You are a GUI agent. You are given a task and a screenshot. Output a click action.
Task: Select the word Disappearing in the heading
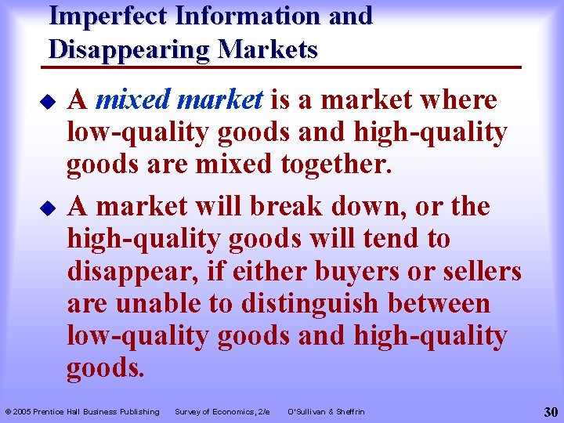[x=128, y=49]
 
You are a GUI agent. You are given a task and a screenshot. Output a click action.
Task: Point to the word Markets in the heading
[x=268, y=49]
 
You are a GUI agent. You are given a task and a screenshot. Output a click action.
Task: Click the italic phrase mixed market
[x=179, y=100]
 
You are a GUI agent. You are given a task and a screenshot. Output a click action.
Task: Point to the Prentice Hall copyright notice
[x=82, y=411]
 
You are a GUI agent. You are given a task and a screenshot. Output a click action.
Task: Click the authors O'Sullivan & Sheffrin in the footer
[x=326, y=411]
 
